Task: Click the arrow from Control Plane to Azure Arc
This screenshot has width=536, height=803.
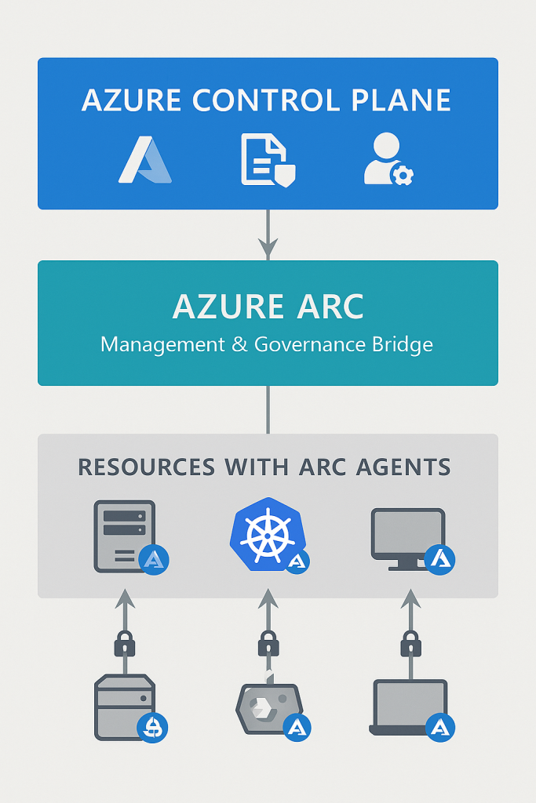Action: click(x=268, y=234)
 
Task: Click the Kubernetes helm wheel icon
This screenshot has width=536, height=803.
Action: click(x=264, y=532)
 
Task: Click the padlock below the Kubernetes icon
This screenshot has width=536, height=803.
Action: click(x=268, y=645)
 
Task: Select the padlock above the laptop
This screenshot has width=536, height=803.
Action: click(x=410, y=645)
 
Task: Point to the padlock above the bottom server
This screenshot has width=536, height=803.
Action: click(x=125, y=645)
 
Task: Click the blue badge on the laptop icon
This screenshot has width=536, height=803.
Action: click(x=440, y=727)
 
